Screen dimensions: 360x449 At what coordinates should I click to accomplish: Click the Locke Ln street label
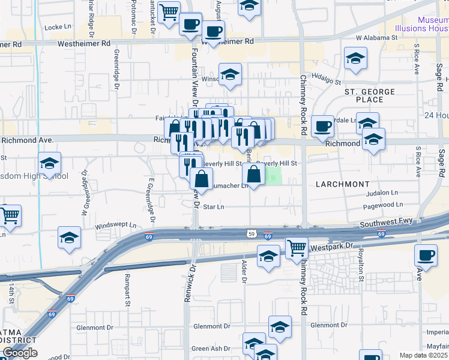[x=58, y=27]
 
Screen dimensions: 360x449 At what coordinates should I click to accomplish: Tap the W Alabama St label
[x=378, y=38]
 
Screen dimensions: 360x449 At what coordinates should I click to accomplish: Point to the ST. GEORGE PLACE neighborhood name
[x=369, y=95]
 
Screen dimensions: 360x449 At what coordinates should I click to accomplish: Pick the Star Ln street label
[x=214, y=207]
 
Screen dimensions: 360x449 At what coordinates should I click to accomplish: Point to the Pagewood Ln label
[x=382, y=205]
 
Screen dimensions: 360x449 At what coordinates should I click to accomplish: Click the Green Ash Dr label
[x=211, y=349]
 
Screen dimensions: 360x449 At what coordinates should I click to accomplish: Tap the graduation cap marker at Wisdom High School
[x=49, y=163]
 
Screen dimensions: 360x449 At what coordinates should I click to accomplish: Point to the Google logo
[x=20, y=353]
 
